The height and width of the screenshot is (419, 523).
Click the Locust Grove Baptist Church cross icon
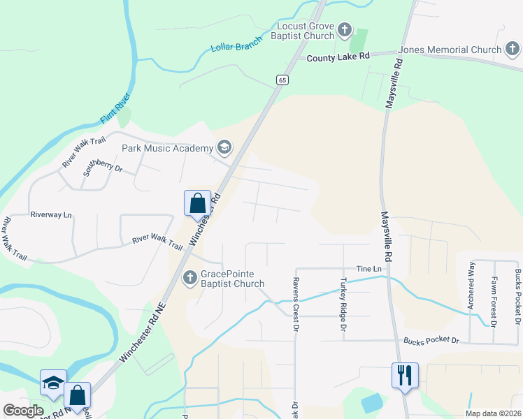344,30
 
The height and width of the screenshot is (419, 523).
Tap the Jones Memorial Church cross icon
513,50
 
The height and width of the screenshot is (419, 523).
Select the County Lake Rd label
338,58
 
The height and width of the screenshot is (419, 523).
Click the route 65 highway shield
282,80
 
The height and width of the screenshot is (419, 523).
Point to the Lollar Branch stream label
236,44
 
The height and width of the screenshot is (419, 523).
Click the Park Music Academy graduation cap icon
224,147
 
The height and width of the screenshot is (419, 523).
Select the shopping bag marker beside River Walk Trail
197,203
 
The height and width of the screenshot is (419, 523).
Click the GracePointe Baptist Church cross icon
189,279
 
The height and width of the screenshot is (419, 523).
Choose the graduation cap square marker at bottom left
53,382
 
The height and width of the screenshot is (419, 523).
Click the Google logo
23,411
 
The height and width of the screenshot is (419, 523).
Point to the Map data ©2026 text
493,413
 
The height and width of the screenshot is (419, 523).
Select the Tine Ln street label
370,269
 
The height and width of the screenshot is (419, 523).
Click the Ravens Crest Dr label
296,304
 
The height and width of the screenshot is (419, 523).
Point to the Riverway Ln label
51,215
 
